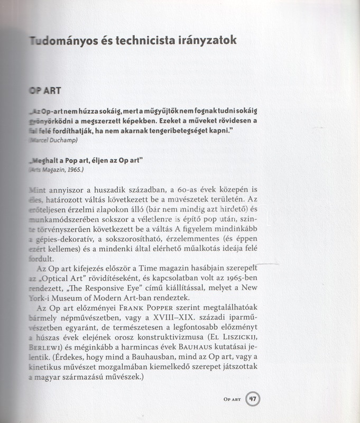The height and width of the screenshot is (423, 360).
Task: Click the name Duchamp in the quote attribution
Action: [x=63, y=140]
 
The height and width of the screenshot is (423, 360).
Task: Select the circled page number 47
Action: [x=253, y=399]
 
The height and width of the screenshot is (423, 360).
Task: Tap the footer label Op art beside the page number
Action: [x=233, y=400]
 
